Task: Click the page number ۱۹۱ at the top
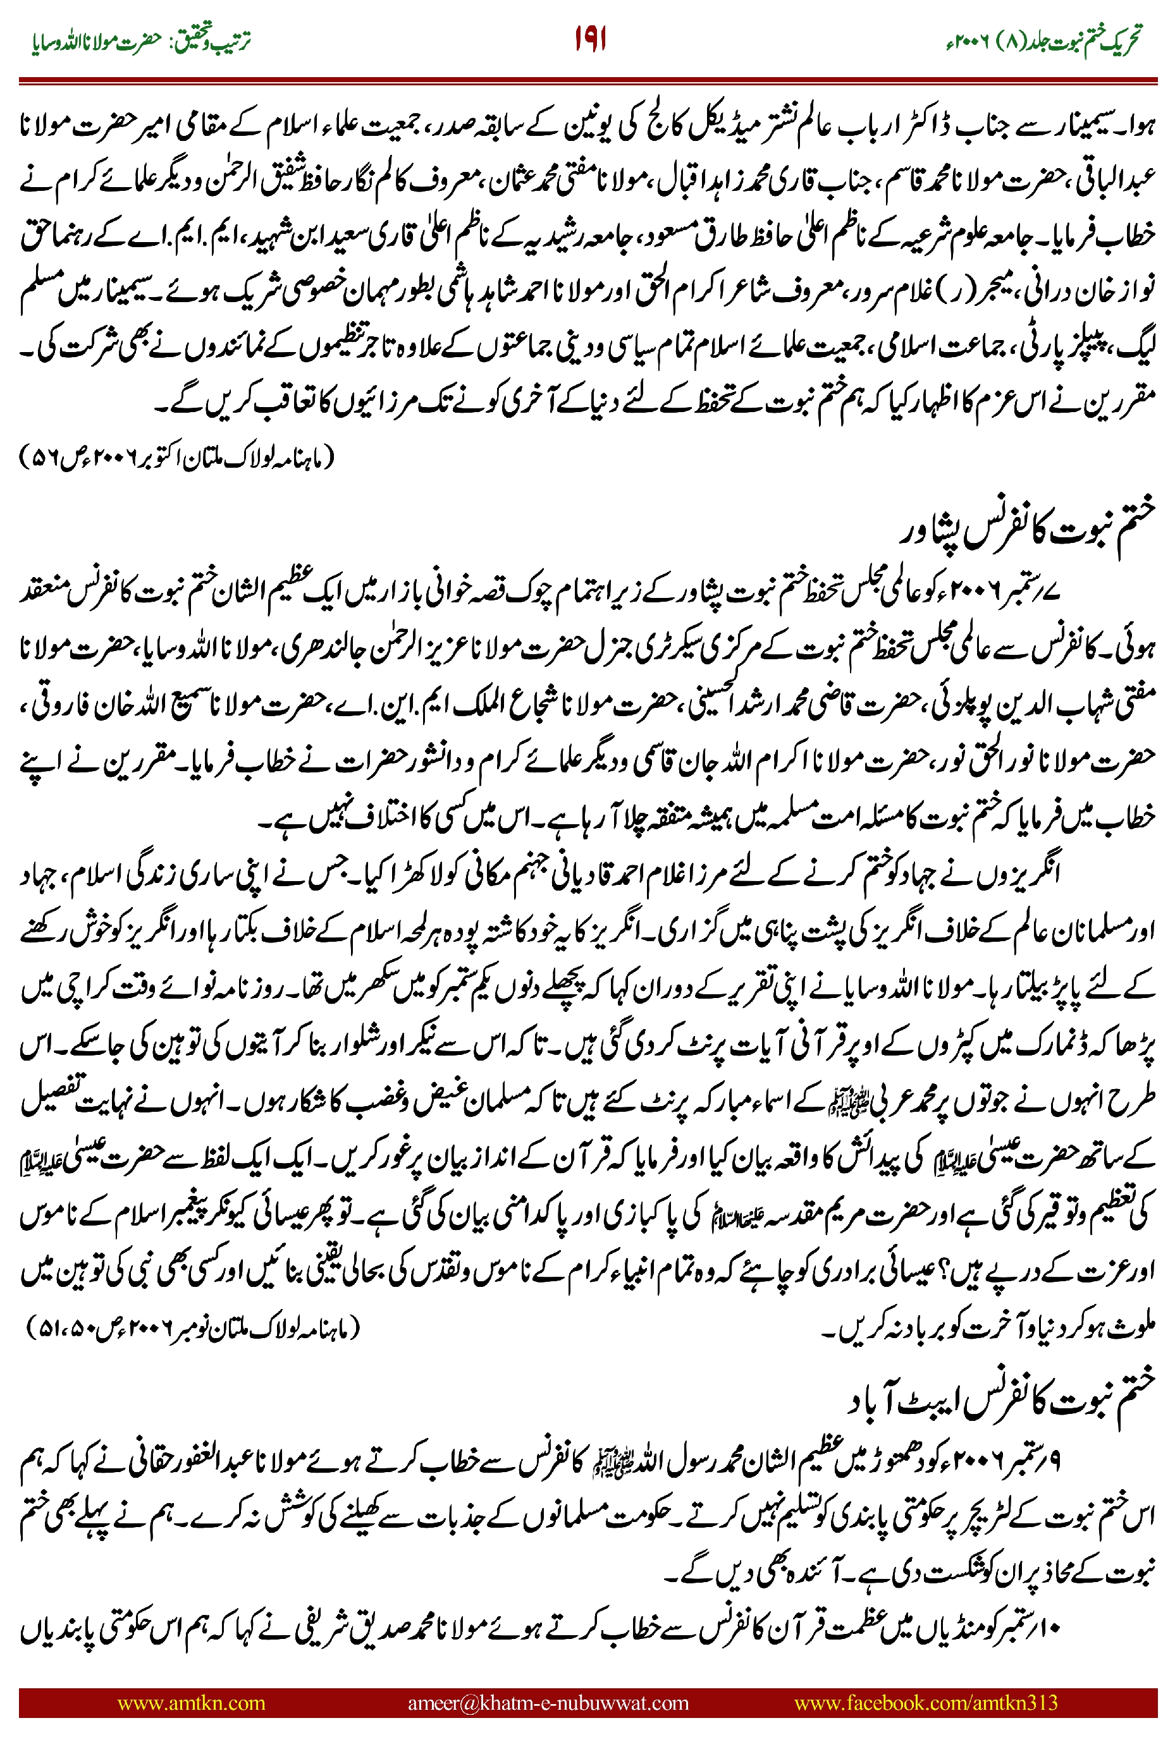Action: (x=590, y=39)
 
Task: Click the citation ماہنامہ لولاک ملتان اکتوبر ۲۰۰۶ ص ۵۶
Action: (x=176, y=458)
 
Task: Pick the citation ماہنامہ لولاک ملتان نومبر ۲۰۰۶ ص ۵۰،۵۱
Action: (x=193, y=1328)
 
